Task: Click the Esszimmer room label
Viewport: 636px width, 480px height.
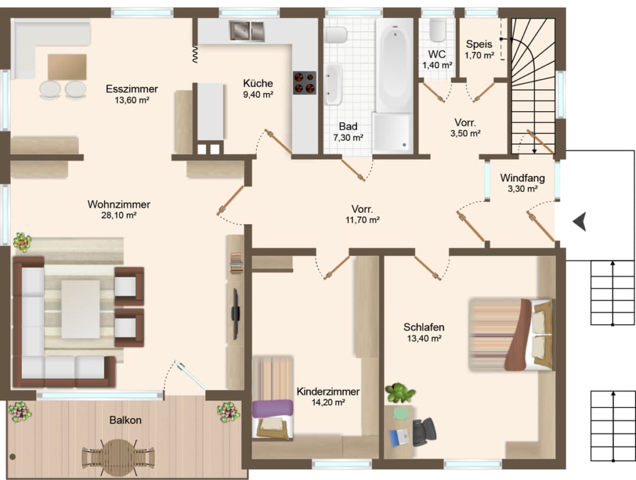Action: click(x=132, y=89)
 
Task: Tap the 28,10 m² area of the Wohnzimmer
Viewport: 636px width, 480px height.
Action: click(x=119, y=215)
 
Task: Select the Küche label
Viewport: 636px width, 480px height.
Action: click(x=258, y=83)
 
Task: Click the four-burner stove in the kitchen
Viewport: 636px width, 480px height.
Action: click(x=304, y=83)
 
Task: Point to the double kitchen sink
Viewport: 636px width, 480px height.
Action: click(x=247, y=31)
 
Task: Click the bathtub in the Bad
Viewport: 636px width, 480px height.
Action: click(x=394, y=65)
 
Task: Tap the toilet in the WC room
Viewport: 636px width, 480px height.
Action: click(x=438, y=30)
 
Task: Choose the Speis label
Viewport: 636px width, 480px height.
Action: click(x=479, y=44)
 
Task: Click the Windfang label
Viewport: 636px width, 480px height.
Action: click(x=522, y=178)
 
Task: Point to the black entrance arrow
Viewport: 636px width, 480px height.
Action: click(x=580, y=221)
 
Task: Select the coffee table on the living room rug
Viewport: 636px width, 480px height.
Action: click(x=81, y=309)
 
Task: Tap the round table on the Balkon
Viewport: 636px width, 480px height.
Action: click(x=118, y=458)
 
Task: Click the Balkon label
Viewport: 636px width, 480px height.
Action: click(x=125, y=420)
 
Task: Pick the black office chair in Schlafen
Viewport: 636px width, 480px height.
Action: click(x=424, y=432)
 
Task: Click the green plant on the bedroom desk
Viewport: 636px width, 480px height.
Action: click(x=400, y=392)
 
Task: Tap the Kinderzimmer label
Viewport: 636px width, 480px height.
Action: click(x=328, y=392)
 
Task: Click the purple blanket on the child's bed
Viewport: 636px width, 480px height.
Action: click(x=273, y=408)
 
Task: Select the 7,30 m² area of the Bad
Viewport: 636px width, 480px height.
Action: click(x=348, y=138)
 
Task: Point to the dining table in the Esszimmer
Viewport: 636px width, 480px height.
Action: click(x=67, y=67)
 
